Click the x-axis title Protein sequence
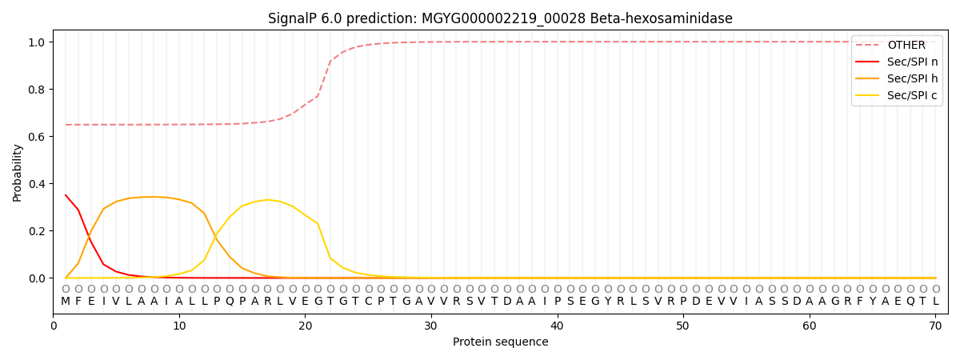(x=500, y=342)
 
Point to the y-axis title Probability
(x=18, y=173)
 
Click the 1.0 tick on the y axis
(x=38, y=42)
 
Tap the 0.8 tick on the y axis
(x=38, y=89)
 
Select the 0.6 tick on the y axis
(x=38, y=136)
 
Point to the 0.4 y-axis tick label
(x=38, y=184)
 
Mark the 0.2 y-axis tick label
(x=38, y=231)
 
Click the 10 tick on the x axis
(x=179, y=326)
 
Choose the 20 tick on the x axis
(x=305, y=326)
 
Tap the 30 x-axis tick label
(x=431, y=326)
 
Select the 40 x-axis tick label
(x=557, y=326)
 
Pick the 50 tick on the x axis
(x=683, y=326)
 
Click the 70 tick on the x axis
(x=935, y=326)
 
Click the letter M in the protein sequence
(x=66, y=302)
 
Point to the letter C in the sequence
(x=368, y=302)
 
